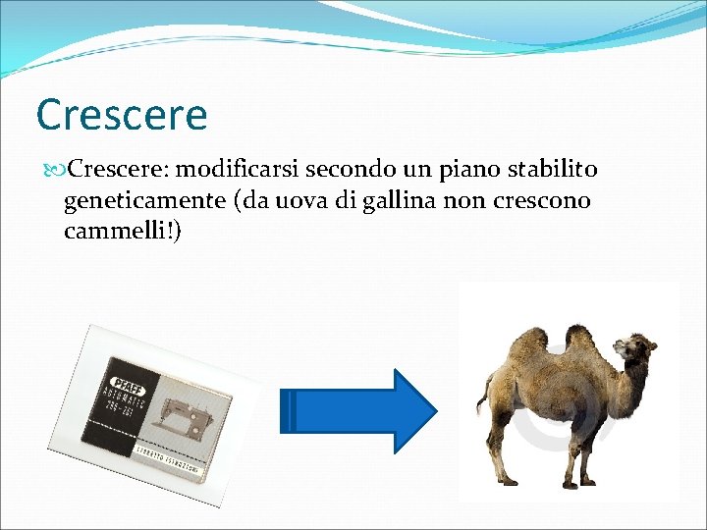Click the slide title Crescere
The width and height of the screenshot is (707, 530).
click(121, 115)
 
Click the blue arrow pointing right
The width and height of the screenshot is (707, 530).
click(358, 411)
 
